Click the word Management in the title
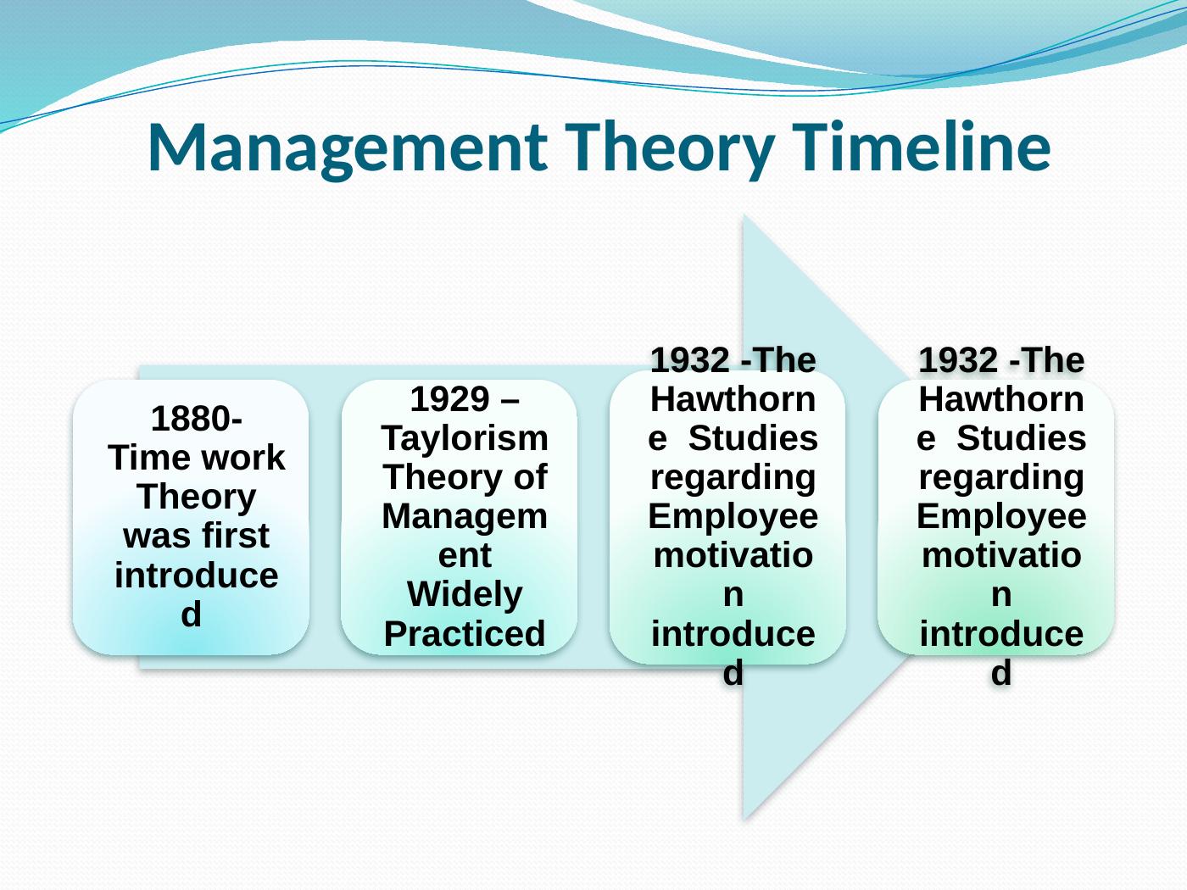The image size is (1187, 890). tap(347, 148)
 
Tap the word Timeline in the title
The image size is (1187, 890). tap(922, 147)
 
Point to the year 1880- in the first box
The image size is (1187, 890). tap(197, 419)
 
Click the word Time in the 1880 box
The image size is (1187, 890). tap(150, 458)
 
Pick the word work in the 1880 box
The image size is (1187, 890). tap(242, 458)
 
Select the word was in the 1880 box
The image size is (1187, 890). tap(158, 537)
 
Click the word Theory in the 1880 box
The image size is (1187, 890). tap(197, 498)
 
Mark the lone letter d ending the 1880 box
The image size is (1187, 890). tap(192, 615)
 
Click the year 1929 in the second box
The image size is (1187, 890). tap(450, 399)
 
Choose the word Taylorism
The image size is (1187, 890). tap(465, 438)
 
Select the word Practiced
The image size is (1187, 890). tap(465, 634)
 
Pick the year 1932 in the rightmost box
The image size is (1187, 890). tap(958, 360)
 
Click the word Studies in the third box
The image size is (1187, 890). tap(753, 438)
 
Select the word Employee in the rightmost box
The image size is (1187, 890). tap(1001, 517)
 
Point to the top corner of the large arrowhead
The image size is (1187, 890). tap(744, 214)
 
